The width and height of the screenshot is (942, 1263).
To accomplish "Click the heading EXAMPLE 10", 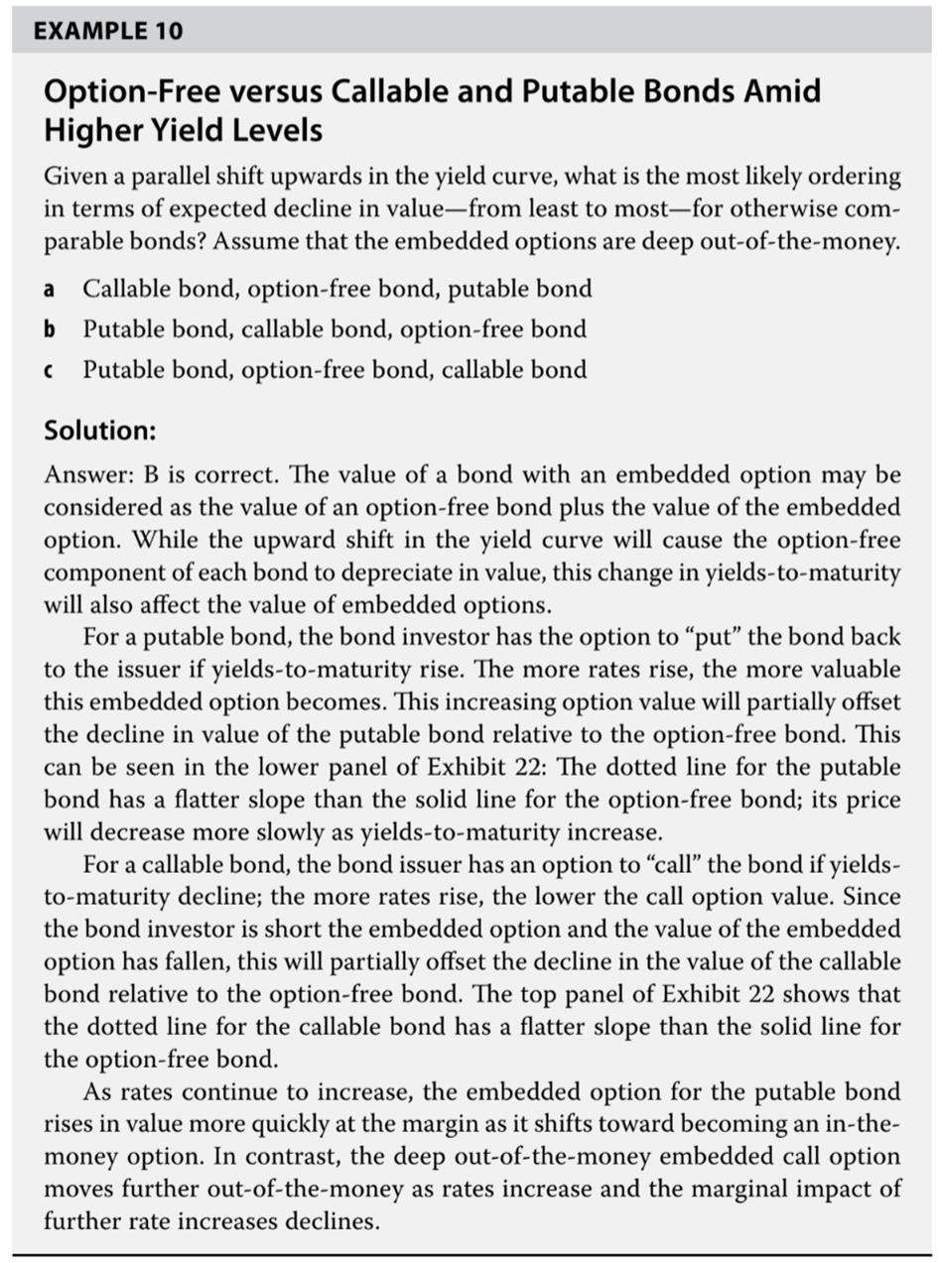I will (x=107, y=31).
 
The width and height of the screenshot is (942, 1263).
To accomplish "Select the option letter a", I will (x=49, y=290).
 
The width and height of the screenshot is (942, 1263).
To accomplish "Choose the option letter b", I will (x=49, y=329).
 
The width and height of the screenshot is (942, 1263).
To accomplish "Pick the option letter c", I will (x=49, y=370).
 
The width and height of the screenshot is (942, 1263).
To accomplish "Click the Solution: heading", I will (x=100, y=431).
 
